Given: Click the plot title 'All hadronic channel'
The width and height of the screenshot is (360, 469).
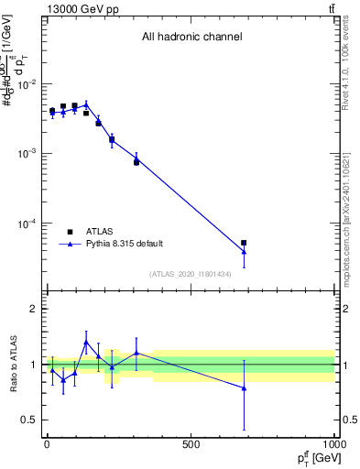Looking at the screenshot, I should (191, 38).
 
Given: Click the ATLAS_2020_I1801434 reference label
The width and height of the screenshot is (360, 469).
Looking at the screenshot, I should (190, 274).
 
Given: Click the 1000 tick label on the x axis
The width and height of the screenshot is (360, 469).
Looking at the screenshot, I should (333, 444).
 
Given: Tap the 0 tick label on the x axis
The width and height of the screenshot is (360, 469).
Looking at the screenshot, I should (47, 444).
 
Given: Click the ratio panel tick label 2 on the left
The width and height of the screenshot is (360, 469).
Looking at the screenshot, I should (32, 310).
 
